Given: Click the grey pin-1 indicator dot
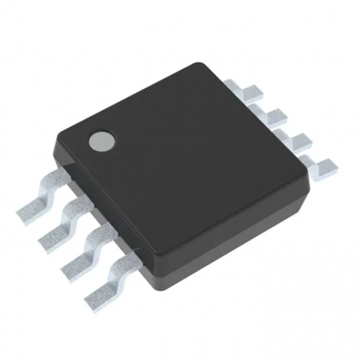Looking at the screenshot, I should (102, 140).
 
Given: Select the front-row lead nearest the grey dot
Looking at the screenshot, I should (42, 196).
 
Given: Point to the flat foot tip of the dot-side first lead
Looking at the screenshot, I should (28, 206).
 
